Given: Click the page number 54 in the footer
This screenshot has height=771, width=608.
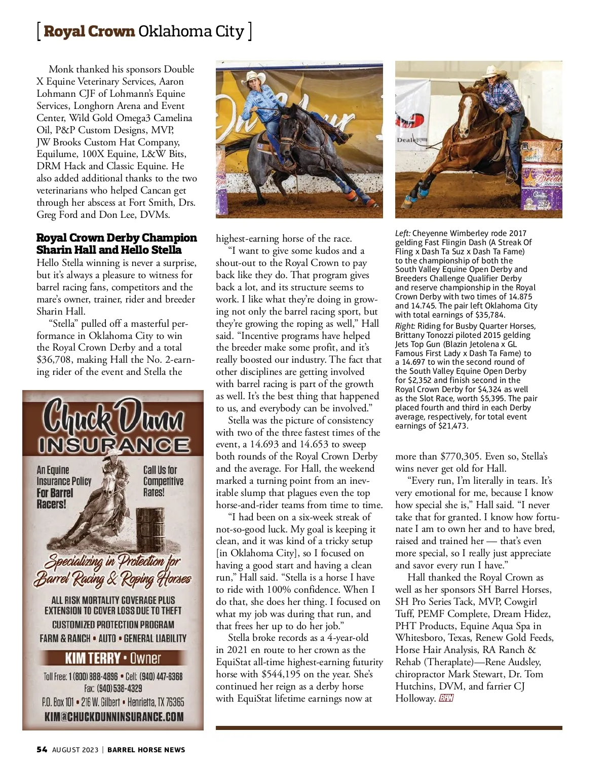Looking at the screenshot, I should (x=42, y=750).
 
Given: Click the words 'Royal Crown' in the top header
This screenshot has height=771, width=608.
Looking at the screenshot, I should (x=89, y=31).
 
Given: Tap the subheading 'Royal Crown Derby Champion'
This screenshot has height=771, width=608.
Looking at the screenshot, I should (x=117, y=238).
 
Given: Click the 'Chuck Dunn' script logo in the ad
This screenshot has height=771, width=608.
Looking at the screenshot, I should (x=113, y=418).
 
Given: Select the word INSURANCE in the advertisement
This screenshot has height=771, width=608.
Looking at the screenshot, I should (x=113, y=445).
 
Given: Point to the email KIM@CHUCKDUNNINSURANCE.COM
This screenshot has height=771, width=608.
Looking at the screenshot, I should (x=113, y=717).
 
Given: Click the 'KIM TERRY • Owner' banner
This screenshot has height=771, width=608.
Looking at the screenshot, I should (x=112, y=658).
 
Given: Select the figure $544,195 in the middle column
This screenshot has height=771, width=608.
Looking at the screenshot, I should (x=283, y=674).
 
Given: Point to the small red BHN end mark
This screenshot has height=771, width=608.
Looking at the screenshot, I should (x=446, y=699).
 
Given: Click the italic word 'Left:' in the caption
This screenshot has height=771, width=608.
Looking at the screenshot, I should (x=403, y=234).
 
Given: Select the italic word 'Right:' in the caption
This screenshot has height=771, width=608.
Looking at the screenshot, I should (x=405, y=326).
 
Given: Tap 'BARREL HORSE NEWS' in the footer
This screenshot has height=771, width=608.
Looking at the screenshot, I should (x=146, y=750).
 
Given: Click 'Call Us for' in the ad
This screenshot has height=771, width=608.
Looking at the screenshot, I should (x=160, y=470).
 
